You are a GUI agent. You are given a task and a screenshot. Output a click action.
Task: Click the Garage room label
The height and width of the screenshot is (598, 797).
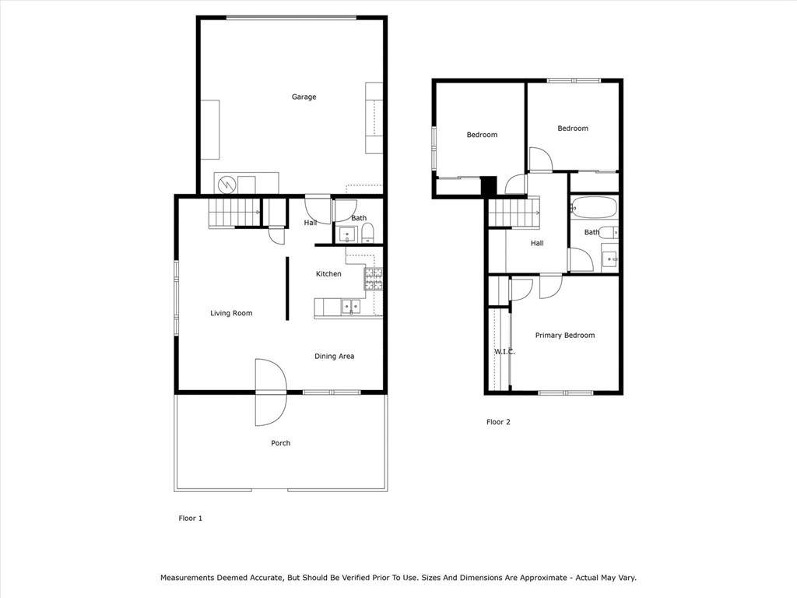tap(304, 97)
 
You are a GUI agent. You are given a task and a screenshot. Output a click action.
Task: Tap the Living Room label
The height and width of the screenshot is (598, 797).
tap(231, 313)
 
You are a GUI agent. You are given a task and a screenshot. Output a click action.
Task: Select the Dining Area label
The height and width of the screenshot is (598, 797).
tap(334, 357)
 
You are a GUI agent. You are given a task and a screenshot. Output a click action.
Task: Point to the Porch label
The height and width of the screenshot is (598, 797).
tap(280, 443)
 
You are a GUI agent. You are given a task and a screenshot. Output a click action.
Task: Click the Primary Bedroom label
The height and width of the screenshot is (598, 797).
tap(565, 336)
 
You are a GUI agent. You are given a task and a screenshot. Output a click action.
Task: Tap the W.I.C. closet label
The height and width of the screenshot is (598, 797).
tap(504, 351)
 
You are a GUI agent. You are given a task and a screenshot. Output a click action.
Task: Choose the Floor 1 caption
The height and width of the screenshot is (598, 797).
tap(190, 518)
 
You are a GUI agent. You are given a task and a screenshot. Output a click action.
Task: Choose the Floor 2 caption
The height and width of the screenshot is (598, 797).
tap(498, 421)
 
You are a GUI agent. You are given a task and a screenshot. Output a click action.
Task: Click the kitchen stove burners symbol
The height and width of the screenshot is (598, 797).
tap(373, 280)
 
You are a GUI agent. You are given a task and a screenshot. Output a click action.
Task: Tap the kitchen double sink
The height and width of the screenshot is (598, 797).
tap(351, 307)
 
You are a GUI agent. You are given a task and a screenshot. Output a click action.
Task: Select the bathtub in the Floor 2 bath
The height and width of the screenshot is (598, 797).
tap(593, 207)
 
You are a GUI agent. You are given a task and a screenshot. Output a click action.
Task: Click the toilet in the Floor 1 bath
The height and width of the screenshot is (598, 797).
tap(367, 233)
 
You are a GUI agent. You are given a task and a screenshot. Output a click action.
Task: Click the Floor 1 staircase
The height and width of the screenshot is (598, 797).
tap(234, 213)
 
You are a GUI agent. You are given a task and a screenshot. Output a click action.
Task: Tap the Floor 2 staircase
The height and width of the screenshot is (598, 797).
tap(514, 212)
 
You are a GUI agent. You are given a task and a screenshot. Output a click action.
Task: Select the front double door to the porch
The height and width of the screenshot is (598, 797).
tap(271, 392)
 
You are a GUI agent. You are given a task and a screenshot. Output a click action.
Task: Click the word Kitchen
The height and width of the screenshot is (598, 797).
tap(328, 274)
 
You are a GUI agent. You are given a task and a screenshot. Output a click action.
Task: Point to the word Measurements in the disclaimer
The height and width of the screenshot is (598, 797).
tap(187, 578)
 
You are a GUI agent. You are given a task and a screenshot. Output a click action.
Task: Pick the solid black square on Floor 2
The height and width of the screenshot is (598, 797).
tap(489, 185)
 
